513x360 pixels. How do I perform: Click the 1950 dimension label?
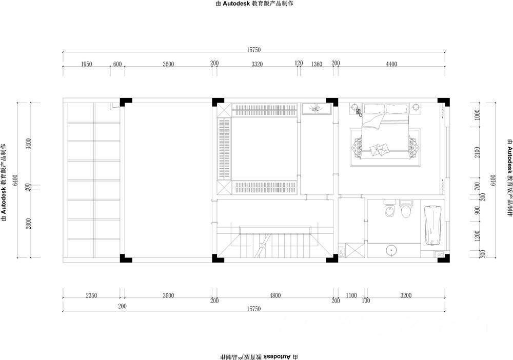tap(86, 64)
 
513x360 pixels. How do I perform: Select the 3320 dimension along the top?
tap(257, 64)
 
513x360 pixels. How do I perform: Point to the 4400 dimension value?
tap(391, 64)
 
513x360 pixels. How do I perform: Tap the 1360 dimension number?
tap(317, 64)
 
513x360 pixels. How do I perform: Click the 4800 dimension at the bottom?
tap(275, 295)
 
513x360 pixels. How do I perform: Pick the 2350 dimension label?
tap(91, 295)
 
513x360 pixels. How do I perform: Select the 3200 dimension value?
tap(406, 295)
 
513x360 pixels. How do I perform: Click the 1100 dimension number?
tap(351, 295)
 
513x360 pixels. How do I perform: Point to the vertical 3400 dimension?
tap(29, 144)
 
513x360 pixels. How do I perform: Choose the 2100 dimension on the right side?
tap(477, 152)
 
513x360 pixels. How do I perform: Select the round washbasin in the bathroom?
tap(391, 250)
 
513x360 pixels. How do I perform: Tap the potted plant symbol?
tap(316, 109)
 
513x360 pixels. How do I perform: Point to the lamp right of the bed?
tap(416, 107)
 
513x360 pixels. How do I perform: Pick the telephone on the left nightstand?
tap(359, 112)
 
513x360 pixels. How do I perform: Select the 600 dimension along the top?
tap(117, 64)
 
